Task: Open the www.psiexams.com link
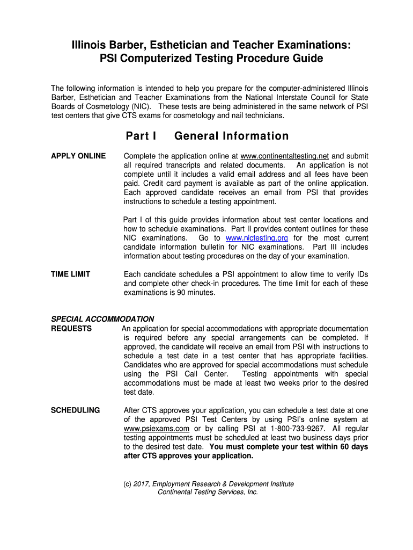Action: pos(157,429)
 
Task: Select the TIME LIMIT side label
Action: pos(70,274)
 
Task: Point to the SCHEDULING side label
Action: pos(75,410)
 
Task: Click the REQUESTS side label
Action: pos(71,328)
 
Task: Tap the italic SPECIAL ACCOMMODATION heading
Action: pos(102,319)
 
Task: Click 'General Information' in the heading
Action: pos(232,136)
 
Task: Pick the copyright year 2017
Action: pos(142,484)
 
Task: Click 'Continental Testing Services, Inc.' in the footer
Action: pos(208,492)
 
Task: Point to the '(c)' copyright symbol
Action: pos(128,484)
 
